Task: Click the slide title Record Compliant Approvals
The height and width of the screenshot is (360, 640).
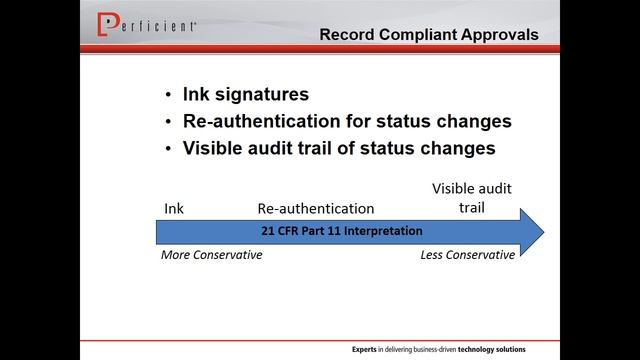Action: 429,35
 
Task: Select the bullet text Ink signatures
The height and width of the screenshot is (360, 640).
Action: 245,95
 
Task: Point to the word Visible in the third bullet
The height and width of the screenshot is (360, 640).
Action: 214,149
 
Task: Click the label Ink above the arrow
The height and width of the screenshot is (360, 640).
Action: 174,208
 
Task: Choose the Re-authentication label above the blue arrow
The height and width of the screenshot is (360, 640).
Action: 316,208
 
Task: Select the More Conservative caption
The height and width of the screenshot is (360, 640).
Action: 212,254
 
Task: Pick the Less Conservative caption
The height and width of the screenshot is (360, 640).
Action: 468,254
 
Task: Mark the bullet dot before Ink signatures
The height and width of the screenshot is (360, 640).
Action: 167,96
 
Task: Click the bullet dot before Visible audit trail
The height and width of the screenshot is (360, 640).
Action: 167,150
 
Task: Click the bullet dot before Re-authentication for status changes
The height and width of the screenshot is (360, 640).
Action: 167,123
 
